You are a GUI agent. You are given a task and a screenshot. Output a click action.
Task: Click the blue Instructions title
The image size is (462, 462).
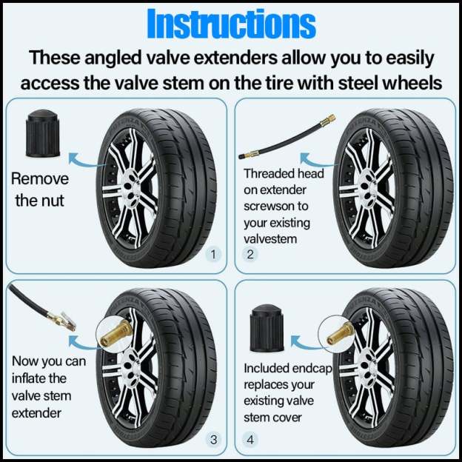[230, 24]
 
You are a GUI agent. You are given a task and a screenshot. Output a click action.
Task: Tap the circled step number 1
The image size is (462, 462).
[214, 255]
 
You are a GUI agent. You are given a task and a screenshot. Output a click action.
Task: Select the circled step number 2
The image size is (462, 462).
[250, 255]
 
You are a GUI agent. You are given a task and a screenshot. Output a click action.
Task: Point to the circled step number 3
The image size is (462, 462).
[214, 440]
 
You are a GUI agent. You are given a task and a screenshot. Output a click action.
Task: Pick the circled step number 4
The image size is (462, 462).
[250, 440]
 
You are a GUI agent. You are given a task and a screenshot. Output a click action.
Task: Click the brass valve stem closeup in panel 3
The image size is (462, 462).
[116, 334]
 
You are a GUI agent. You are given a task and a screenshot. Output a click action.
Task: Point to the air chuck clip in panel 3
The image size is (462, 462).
[61, 321]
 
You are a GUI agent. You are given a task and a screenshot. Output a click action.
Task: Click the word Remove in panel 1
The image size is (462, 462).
[40, 178]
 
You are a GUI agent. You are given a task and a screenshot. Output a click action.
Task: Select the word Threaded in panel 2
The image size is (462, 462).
[269, 174]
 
